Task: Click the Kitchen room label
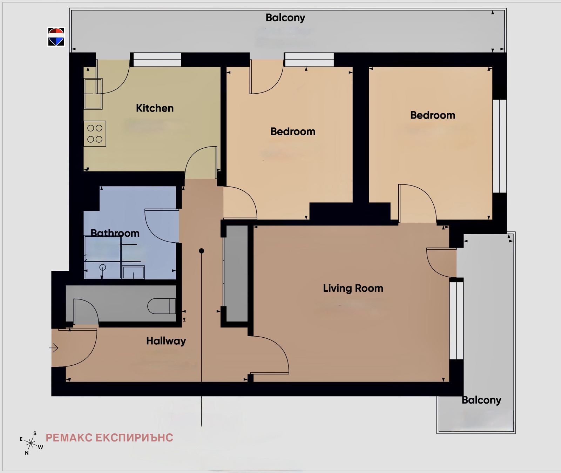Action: point(155,108)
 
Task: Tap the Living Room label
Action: point(353,288)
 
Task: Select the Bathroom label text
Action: point(115,233)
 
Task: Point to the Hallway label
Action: point(166,341)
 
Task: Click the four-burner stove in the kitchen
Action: point(95,134)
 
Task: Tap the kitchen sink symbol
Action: point(93,94)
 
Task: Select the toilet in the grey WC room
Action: point(162,306)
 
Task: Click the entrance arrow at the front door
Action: point(54,348)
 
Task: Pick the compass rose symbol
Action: point(31,443)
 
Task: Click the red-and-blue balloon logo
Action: point(56,37)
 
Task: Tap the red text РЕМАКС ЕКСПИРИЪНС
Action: point(109,438)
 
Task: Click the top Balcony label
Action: point(285,18)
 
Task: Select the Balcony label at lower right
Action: point(481,400)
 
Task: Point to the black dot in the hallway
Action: point(201,251)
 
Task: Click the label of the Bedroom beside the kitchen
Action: point(293,131)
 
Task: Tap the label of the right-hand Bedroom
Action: point(433,115)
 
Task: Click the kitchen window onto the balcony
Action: point(157,60)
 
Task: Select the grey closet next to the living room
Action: point(237,273)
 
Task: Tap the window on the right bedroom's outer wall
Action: point(500,146)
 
